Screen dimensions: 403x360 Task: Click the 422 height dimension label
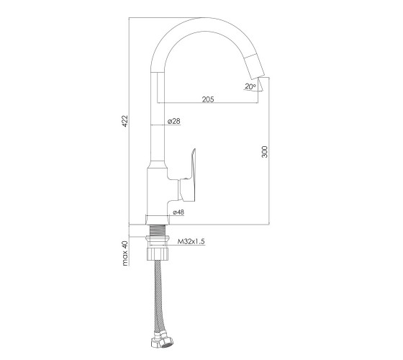125,121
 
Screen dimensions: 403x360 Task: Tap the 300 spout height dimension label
265,152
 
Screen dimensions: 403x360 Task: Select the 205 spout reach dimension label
208,99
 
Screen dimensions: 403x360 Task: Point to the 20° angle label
250,86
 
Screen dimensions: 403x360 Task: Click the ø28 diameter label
174,121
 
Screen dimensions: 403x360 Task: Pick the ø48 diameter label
178,212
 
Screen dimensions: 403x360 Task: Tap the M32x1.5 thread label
191,241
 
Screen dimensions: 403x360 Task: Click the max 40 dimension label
125,253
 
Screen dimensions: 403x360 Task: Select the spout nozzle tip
255,67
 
